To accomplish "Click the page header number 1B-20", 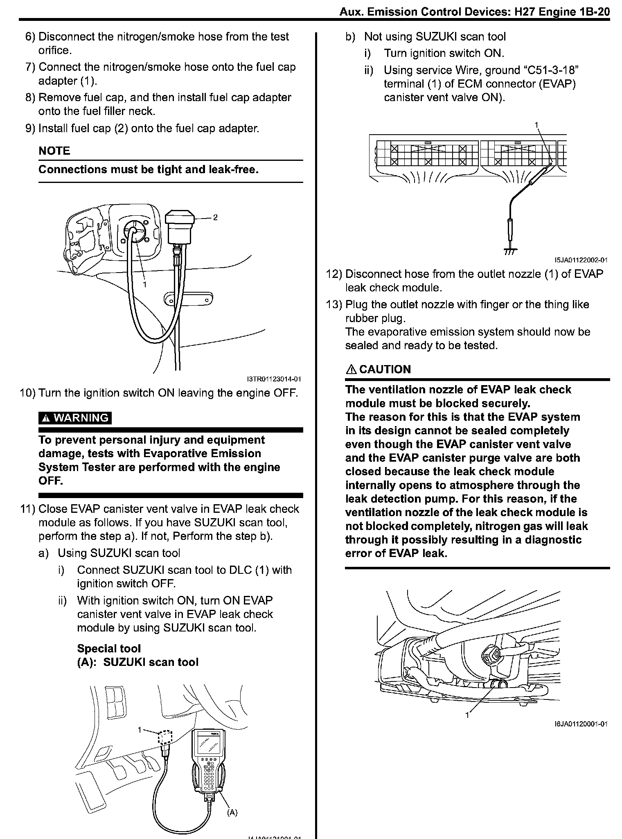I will coord(595,12).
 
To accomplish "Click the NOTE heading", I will coord(54,151).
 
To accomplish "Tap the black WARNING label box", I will coord(75,418).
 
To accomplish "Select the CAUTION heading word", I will coord(385,369).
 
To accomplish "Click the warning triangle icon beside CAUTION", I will coord(351,369).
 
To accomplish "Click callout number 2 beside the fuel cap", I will coord(215,217).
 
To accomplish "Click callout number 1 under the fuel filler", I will coord(144,284).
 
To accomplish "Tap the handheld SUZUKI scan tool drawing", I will coord(207,762).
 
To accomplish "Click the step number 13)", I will coord(335,304).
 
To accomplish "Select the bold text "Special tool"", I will coord(108,648).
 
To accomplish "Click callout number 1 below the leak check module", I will coord(467,715).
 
